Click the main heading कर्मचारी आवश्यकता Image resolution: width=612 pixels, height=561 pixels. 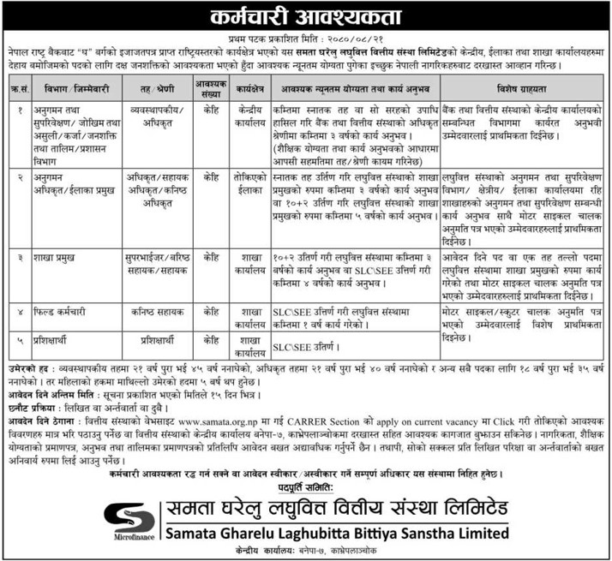[306, 15]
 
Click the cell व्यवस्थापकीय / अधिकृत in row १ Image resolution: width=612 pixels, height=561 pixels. [151, 116]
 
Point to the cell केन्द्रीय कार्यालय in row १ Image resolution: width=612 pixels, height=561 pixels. [252, 116]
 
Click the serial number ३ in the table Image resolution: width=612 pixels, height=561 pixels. [19, 255]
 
